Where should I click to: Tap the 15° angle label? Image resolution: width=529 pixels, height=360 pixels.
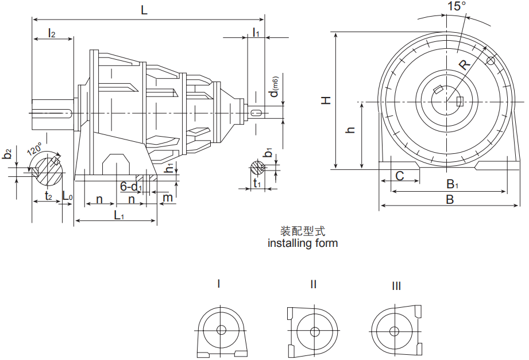457,6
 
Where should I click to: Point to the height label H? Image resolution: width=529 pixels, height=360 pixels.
326,100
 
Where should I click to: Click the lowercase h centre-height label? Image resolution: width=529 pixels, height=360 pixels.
351,130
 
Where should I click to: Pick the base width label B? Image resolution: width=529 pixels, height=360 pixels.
450,200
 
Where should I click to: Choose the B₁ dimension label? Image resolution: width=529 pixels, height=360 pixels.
453,184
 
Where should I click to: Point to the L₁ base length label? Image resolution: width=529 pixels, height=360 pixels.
119,215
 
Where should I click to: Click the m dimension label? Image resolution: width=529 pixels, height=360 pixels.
168,198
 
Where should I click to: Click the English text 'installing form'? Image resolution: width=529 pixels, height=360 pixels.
303,243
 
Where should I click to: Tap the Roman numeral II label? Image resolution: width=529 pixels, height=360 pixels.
313,284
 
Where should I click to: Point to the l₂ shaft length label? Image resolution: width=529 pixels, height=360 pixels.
52,33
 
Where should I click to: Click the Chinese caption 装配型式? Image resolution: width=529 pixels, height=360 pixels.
303,231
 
